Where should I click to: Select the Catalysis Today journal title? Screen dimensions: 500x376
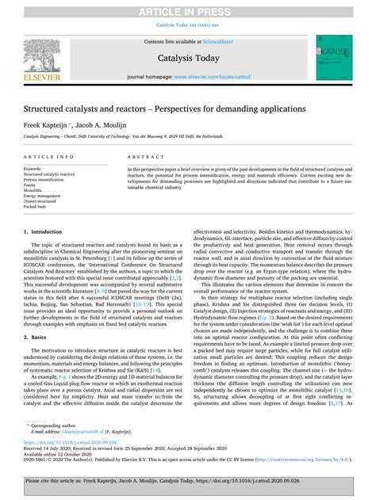point(187,58)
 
